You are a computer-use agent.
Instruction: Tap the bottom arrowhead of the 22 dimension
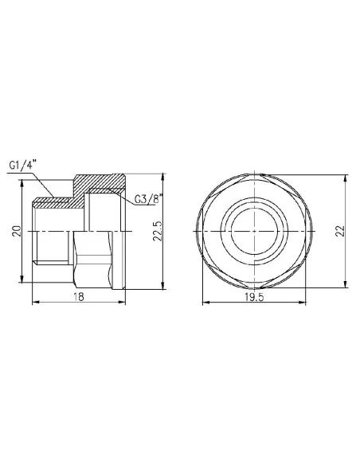(x=344, y=289)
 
